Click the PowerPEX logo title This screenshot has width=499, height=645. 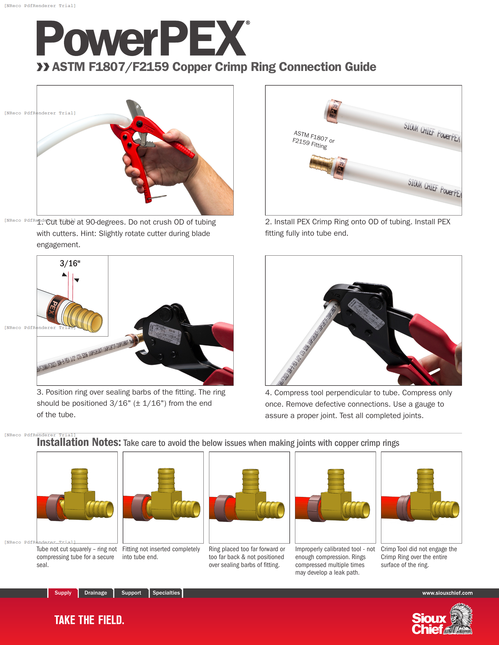coord(141,38)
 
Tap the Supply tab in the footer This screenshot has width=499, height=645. coord(63,593)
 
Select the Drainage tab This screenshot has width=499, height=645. coord(95,593)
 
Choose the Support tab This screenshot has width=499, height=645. coord(131,593)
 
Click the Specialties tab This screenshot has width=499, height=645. coord(166,593)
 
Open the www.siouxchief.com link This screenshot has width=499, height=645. coord(447,593)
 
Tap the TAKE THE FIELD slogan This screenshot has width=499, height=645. coord(89,620)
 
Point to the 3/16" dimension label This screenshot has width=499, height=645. coord(70,264)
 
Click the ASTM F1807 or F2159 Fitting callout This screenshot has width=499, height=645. coord(313,140)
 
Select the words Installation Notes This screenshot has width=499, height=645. coord(79,442)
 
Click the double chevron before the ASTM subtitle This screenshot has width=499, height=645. coord(43,67)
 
